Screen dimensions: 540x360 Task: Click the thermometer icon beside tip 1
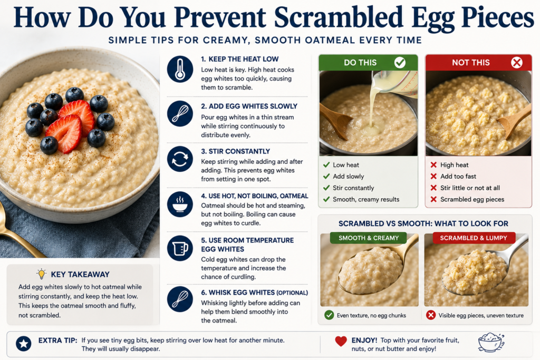(x=180, y=69)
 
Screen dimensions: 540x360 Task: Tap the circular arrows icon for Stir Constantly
(x=180, y=159)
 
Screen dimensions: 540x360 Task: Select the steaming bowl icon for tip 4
(x=180, y=204)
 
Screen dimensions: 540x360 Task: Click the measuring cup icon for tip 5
(x=180, y=248)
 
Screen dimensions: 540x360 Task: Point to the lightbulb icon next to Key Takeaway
(x=41, y=274)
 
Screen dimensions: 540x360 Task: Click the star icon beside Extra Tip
(x=24, y=344)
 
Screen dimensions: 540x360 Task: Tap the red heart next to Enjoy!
(x=341, y=341)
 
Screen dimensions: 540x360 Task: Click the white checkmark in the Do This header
(x=400, y=63)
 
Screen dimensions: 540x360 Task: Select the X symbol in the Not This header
(x=517, y=63)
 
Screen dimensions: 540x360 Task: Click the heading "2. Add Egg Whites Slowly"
(x=249, y=106)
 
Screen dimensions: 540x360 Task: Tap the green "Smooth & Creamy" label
(x=368, y=238)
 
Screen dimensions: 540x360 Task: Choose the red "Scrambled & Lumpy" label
(x=474, y=238)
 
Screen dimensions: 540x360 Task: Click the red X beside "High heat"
(x=433, y=165)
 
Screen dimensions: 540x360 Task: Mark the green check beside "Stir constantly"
(x=326, y=188)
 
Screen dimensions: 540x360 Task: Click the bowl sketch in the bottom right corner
(x=491, y=342)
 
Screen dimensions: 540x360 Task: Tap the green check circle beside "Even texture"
(x=329, y=315)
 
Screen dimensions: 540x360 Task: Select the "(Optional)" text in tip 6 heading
(x=292, y=293)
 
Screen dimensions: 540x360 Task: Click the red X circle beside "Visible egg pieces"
(x=431, y=315)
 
